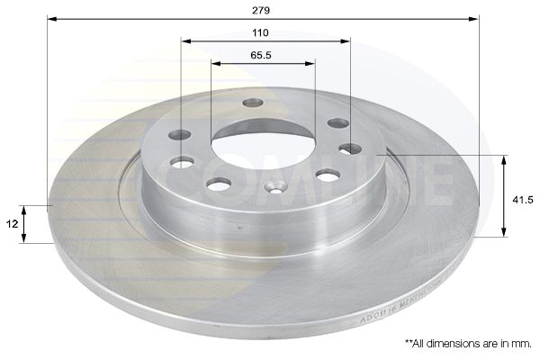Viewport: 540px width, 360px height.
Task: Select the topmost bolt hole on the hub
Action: coord(251,103)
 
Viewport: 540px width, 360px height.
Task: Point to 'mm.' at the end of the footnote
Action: coord(523,343)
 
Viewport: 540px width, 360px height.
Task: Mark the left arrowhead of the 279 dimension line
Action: coord(51,18)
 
